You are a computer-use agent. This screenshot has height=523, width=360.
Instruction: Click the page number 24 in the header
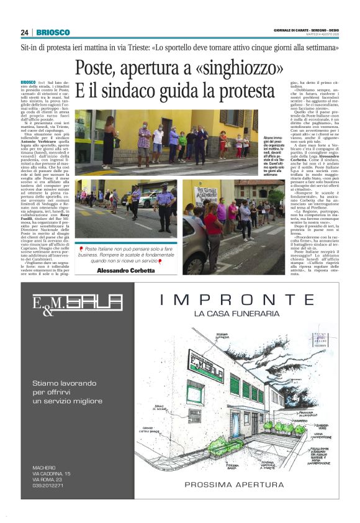24,32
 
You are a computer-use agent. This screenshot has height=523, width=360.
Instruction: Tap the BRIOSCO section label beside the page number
53,32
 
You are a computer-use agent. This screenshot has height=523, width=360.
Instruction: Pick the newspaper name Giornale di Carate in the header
292,30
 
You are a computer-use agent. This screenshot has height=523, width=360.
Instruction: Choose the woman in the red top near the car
214,221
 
